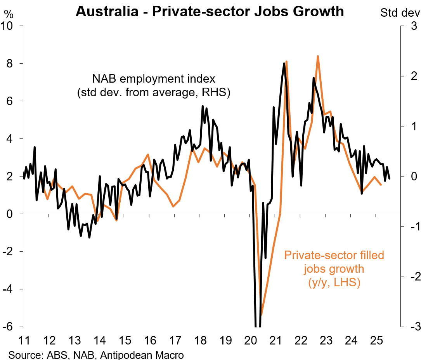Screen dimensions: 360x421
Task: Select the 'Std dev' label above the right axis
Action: click(x=400, y=13)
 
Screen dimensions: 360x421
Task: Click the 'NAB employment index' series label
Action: click(x=153, y=80)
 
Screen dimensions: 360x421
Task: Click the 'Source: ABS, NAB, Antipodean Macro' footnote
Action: click(x=96, y=355)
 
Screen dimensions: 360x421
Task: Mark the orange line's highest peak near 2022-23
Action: click(x=318, y=56)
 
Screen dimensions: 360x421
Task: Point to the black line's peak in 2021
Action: click(x=284, y=64)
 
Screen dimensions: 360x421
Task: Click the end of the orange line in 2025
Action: click(x=381, y=185)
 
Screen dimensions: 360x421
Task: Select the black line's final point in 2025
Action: click(x=389, y=178)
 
